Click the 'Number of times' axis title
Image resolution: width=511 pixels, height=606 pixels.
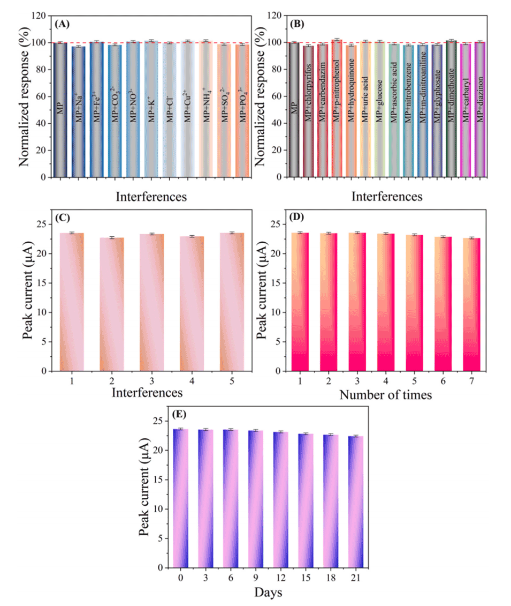coord(386,395)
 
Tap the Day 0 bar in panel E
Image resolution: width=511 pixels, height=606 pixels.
coord(181,498)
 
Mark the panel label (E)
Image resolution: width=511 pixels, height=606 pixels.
coord(179,414)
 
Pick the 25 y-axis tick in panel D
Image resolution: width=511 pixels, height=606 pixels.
coord(280,225)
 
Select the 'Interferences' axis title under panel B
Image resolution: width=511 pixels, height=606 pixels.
coord(387,197)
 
